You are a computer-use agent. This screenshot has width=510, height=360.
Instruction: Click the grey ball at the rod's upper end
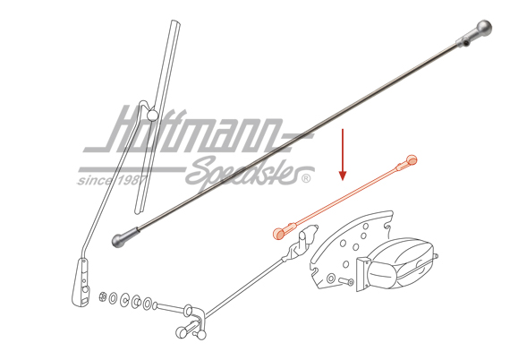tap(484, 29)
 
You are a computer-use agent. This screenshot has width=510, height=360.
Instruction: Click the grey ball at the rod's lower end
tap(118, 241)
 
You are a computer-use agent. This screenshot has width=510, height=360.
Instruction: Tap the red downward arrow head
tap(342, 176)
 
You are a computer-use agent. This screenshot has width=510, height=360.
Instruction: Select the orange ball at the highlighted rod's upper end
tap(412, 159)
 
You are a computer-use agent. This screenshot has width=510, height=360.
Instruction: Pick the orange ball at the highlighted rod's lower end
tap(278, 234)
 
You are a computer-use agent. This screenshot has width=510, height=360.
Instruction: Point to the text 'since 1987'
tap(111, 180)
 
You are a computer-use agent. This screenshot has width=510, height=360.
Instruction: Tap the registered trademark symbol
tap(306, 179)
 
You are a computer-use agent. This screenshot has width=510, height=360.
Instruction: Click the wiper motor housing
tap(400, 263)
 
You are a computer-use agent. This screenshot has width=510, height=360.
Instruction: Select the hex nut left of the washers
tap(103, 296)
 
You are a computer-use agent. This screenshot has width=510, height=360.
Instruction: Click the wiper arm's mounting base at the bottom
tap(81, 282)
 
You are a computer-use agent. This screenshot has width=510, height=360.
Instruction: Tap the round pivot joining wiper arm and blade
tap(152, 116)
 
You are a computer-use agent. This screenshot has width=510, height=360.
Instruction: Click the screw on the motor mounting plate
tap(345, 281)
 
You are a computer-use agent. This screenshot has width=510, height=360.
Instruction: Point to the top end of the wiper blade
tap(175, 22)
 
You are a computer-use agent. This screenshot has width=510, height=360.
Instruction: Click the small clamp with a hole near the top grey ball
tap(464, 42)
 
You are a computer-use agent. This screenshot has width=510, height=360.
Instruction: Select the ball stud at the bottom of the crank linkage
tap(200, 334)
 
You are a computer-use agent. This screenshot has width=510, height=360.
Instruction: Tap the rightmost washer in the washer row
tap(148, 304)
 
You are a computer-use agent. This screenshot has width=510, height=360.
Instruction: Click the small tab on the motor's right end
tap(436, 257)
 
